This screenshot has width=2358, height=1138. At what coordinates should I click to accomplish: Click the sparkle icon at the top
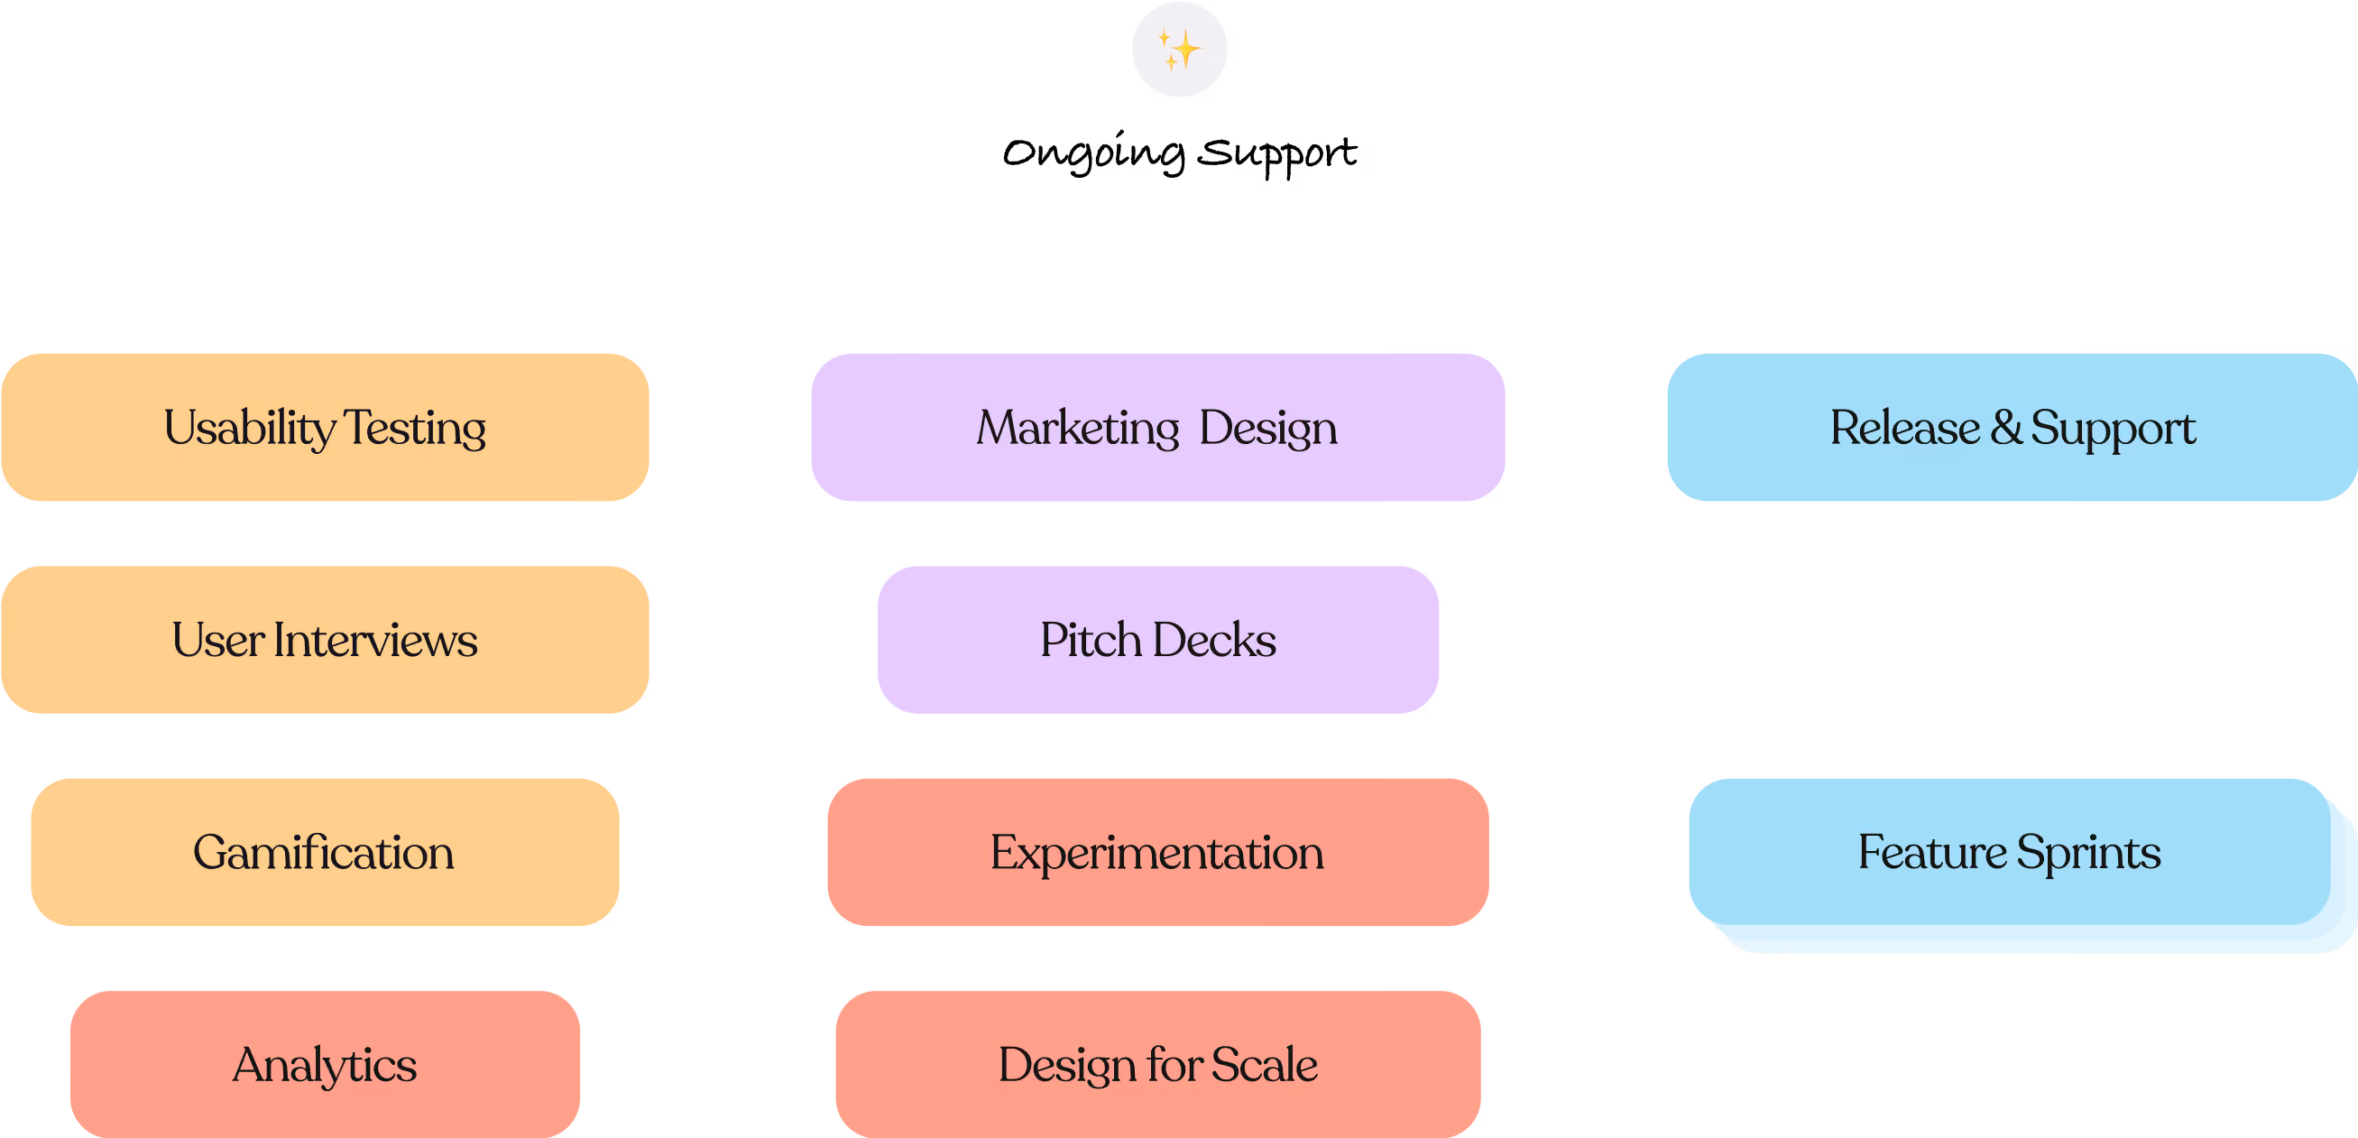pos(1179,50)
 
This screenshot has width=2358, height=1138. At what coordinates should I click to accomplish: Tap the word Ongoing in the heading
pos(1093,152)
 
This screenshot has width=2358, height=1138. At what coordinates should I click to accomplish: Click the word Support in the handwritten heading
pos(1277,153)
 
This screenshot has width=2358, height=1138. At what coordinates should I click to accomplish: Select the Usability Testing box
pos(325,428)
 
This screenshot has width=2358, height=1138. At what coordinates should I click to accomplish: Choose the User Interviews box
pos(325,640)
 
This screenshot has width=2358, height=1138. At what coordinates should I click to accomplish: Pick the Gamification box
pos(325,852)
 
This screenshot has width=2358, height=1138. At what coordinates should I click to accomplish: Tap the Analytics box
pos(325,1065)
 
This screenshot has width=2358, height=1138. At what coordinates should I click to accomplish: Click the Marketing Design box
pos(1158,428)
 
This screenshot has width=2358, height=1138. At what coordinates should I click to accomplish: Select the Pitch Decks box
pos(1158,640)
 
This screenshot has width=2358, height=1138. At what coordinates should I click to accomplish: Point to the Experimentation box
pos(1158,852)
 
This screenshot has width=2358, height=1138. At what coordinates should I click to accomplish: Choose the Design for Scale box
pos(1158,1065)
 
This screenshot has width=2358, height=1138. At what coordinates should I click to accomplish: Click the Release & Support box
pos(2012,428)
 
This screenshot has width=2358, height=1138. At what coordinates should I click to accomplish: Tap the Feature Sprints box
pos(2010,852)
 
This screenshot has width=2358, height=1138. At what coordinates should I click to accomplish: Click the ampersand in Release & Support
pos(2006,428)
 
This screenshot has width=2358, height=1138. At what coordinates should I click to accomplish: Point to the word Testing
pos(415,430)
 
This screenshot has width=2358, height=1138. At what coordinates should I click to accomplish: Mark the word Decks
pos(1215,640)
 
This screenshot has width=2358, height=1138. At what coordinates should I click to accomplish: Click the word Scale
pos(1265,1065)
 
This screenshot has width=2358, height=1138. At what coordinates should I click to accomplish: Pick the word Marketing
pos(1078,430)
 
